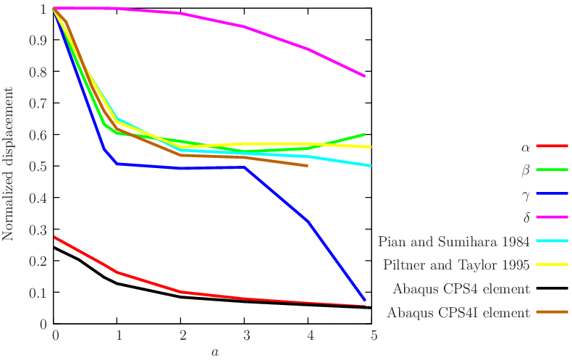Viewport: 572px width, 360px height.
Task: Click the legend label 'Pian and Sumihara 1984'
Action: point(455,240)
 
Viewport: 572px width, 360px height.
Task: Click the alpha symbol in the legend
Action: point(526,146)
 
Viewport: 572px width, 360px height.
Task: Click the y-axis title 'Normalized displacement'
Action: point(9,164)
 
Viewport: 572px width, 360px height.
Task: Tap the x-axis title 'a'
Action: point(214,352)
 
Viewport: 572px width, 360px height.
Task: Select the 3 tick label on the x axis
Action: point(245,335)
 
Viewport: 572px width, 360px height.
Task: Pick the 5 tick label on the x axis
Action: point(373,335)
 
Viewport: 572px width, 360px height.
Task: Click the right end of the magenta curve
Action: point(365,76)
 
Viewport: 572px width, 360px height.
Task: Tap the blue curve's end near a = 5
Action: point(365,300)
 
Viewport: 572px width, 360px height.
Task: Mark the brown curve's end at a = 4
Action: point(308,166)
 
